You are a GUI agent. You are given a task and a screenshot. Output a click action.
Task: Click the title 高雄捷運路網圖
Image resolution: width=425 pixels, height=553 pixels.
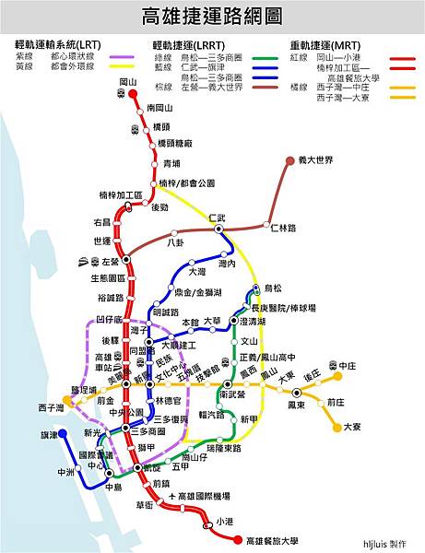212,17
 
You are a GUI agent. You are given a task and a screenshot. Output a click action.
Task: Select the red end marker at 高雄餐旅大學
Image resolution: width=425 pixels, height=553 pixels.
237,541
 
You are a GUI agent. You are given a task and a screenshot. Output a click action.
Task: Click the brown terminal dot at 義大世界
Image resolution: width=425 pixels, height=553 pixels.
289,160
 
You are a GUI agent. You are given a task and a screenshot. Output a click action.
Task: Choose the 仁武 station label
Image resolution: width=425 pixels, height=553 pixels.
218,218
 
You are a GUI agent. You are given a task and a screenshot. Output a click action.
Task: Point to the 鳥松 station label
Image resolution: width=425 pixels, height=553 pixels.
273,288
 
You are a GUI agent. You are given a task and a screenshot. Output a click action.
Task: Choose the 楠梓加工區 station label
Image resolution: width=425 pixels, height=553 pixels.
121,196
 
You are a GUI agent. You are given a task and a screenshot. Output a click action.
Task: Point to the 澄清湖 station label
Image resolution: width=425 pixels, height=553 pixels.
252,322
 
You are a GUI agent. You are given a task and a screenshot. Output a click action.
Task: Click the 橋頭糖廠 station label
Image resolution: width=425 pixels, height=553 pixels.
174,144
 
